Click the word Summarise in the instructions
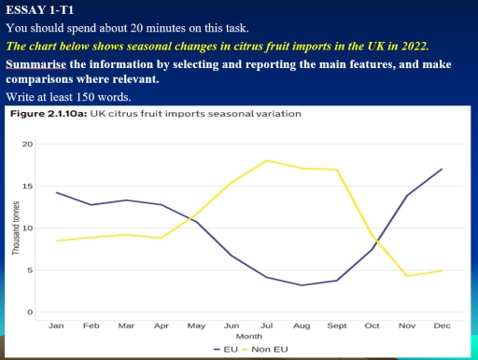click(x=37, y=64)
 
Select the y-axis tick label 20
click(x=28, y=145)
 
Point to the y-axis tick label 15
click(x=28, y=187)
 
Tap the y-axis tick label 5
click(x=30, y=270)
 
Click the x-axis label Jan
click(x=57, y=325)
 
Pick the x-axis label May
click(x=196, y=325)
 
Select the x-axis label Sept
click(x=336, y=325)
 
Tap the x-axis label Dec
click(x=441, y=325)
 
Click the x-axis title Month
click(x=248, y=336)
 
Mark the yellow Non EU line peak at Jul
click(x=267, y=160)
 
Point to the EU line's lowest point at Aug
click(x=302, y=285)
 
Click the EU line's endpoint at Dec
click(x=441, y=169)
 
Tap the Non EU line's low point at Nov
click(x=406, y=276)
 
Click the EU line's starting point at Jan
click(x=57, y=192)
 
